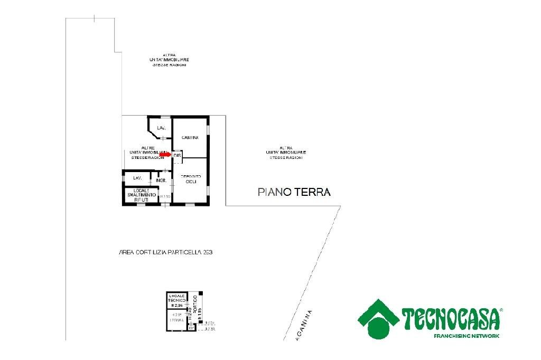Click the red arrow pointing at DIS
(x=165, y=155)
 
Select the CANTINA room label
(x=190, y=138)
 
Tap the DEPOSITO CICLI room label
(x=190, y=179)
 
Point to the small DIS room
(x=177, y=155)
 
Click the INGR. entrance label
(x=162, y=181)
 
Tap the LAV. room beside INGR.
(x=137, y=178)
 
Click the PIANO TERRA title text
(x=294, y=192)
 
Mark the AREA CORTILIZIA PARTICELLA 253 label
(x=166, y=253)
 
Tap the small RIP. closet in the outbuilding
(x=191, y=328)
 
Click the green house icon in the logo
(x=379, y=319)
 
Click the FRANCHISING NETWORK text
(x=466, y=336)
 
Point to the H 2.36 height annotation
(x=177, y=306)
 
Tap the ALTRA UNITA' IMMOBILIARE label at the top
(x=169, y=60)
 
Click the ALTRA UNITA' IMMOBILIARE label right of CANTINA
(x=286, y=153)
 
